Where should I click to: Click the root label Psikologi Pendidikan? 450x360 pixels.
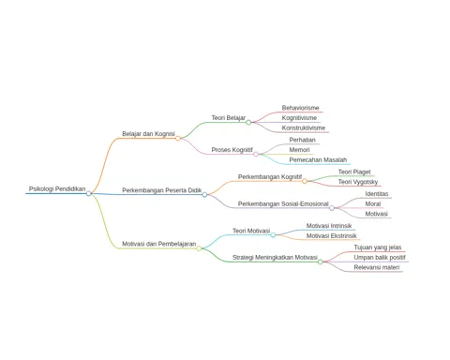57,188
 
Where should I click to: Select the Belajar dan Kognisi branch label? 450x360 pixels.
148,134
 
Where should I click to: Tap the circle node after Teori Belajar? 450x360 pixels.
248,122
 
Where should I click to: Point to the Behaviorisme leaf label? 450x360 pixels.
300,108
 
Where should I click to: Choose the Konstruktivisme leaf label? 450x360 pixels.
304,127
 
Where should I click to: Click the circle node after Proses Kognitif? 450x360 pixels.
256,154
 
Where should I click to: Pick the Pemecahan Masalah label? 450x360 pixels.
318,159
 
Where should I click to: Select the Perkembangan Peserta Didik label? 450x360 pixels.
162,190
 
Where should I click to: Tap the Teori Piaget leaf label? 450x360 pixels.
354,172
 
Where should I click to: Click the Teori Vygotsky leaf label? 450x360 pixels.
358,182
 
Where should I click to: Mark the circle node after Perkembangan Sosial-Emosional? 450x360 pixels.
332,208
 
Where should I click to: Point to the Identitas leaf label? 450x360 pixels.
377,194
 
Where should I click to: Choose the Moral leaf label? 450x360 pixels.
373,203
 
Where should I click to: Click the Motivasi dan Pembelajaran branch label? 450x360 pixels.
159,244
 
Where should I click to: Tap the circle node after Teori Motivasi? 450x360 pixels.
273,234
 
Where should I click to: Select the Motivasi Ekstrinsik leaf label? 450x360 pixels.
331,235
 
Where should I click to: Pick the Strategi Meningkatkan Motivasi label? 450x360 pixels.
275,258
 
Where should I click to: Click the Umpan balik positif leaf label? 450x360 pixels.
380,258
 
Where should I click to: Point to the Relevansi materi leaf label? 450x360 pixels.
377,267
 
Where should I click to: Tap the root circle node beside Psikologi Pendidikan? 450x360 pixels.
89,193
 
